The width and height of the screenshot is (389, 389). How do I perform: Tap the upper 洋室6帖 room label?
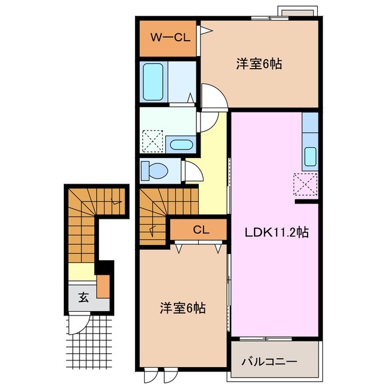[x=258, y=63]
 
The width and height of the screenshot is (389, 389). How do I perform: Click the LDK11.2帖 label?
[x=277, y=232]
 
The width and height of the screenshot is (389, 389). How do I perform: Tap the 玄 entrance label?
[x=83, y=297]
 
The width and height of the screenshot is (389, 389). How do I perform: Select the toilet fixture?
[x=153, y=171]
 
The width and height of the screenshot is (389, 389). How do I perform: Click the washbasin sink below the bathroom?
[x=181, y=145]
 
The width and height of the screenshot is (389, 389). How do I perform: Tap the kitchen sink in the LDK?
[x=309, y=157]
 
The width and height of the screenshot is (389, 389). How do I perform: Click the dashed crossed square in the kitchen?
[x=303, y=183]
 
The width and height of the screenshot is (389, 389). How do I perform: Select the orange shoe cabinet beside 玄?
[x=103, y=285]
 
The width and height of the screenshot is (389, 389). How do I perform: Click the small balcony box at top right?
[x=296, y=12]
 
